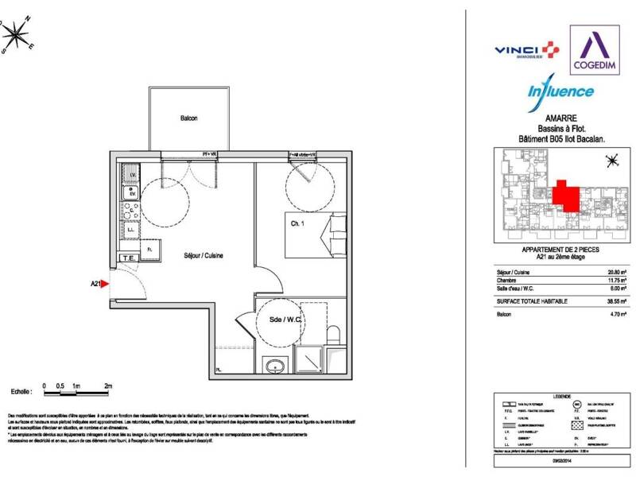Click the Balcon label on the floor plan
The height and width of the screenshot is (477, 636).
tap(188, 118)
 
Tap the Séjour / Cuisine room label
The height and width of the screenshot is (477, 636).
tap(204, 256)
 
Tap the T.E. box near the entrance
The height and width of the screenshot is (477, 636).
tap(127, 258)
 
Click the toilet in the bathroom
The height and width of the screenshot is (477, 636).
tap(334, 334)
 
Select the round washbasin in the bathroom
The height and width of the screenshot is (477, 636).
tap(276, 365)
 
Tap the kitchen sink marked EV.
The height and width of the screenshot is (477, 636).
tap(130, 191)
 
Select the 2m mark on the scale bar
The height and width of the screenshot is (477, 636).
tap(108, 386)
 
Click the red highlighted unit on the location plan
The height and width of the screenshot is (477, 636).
tap(565, 195)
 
